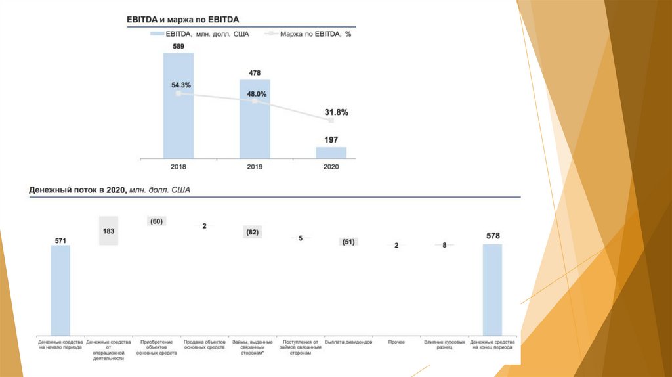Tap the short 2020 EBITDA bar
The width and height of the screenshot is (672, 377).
coord(331,152)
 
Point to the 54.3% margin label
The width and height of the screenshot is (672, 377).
coord(181,85)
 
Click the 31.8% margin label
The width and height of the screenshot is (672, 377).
coord(335,112)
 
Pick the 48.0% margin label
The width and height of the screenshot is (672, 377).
coord(257,94)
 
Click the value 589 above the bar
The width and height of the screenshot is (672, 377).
coord(178,47)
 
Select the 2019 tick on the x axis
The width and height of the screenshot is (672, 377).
coord(255,167)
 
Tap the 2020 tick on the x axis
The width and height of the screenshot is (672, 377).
coord(331,167)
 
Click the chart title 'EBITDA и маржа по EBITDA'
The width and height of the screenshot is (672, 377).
coord(182,20)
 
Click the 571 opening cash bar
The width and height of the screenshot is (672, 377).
coord(60,289)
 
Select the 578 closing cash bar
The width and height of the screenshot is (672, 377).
coord(492,289)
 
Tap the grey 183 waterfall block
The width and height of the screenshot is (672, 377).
coord(108,231)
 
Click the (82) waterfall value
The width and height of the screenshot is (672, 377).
coord(252,232)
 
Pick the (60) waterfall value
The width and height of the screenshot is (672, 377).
coord(156,221)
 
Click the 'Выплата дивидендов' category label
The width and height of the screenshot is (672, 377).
coord(348,342)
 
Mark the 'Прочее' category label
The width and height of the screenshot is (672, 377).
coord(396,342)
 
